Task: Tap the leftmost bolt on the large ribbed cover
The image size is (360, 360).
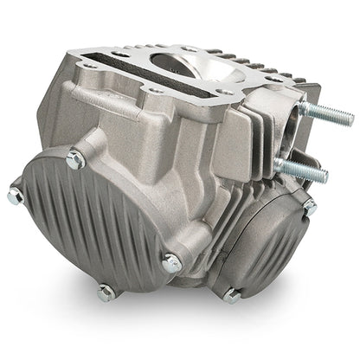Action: point(14,197)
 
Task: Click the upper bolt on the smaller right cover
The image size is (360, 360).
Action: point(309,207)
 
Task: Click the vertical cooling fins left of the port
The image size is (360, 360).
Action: point(251,147)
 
